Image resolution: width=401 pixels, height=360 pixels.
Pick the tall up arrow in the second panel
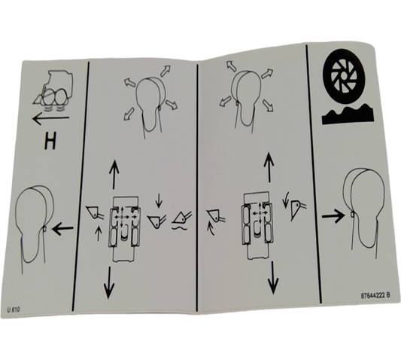click(114, 174)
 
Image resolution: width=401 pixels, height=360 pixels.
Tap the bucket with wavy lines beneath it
click(181, 219)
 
